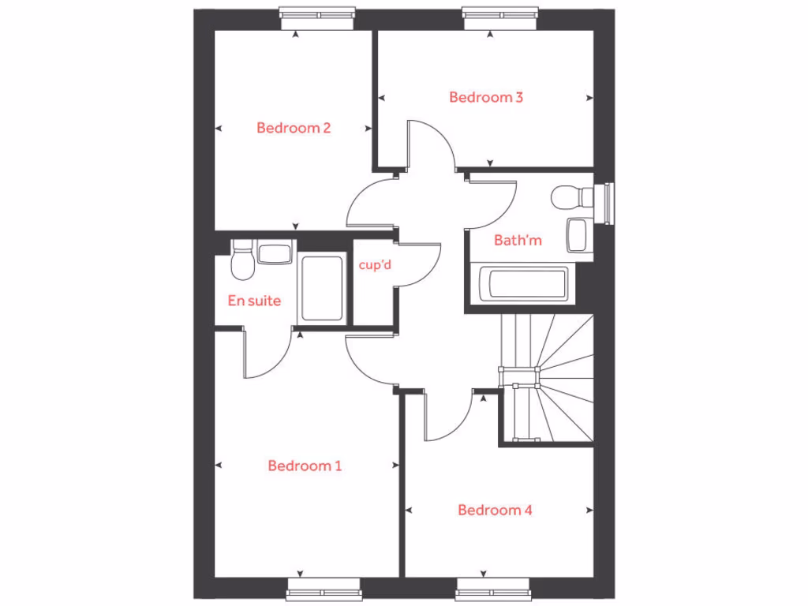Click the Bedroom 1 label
pos(305,466)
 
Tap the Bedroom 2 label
pos(294,128)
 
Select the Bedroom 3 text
pos(486,98)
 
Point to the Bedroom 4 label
pos(495,511)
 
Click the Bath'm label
pos(518,240)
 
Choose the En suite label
pos(254,301)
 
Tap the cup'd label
pos(375,265)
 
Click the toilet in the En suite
pos(242,261)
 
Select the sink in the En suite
pos(275,253)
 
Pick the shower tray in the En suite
pos(323,288)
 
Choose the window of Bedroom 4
pos(491,588)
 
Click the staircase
pos(547,379)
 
